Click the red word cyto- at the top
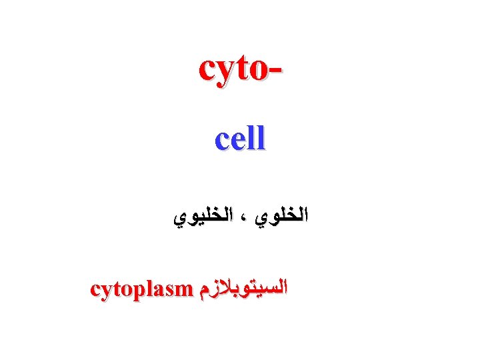click(240, 69)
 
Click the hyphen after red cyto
click(275, 71)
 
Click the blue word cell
click(240, 138)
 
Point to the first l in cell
click(252, 137)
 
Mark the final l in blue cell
click(261, 137)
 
